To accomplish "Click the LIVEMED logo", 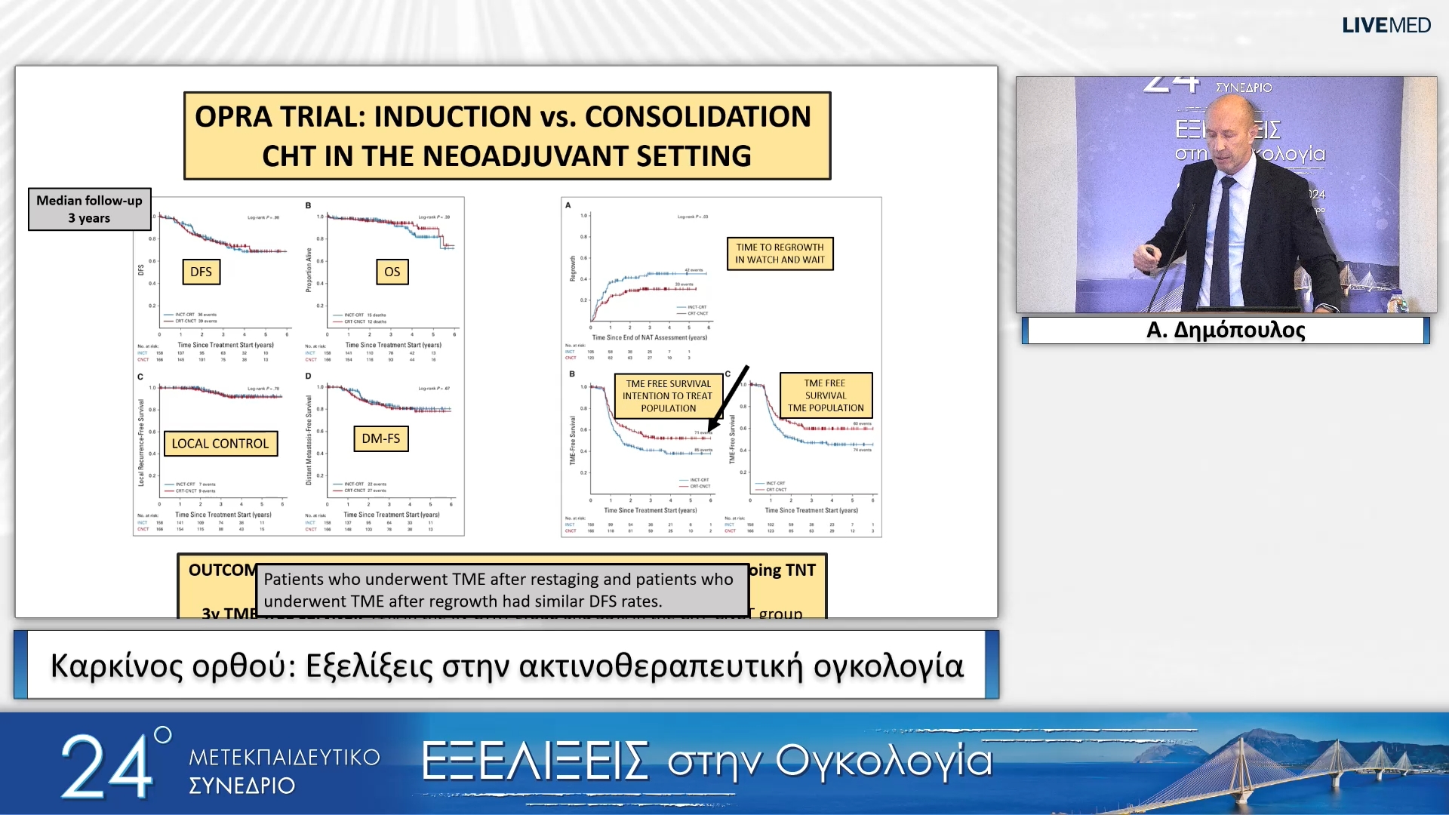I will coord(1386,26).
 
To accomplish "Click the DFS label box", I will coord(201,272).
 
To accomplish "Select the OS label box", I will coord(392,272).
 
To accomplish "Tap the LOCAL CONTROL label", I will coord(220,444).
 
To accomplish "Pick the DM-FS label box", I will coord(380,438).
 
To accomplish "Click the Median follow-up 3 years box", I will coord(89,209).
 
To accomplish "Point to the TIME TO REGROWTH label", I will coord(780,254).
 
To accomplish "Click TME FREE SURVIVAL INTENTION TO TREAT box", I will coord(668,395).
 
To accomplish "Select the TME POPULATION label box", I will coord(826,395).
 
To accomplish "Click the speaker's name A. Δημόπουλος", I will coord(1225,330).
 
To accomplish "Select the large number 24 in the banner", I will coord(106,767).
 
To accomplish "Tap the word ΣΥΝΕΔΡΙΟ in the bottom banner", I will coord(241,786).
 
